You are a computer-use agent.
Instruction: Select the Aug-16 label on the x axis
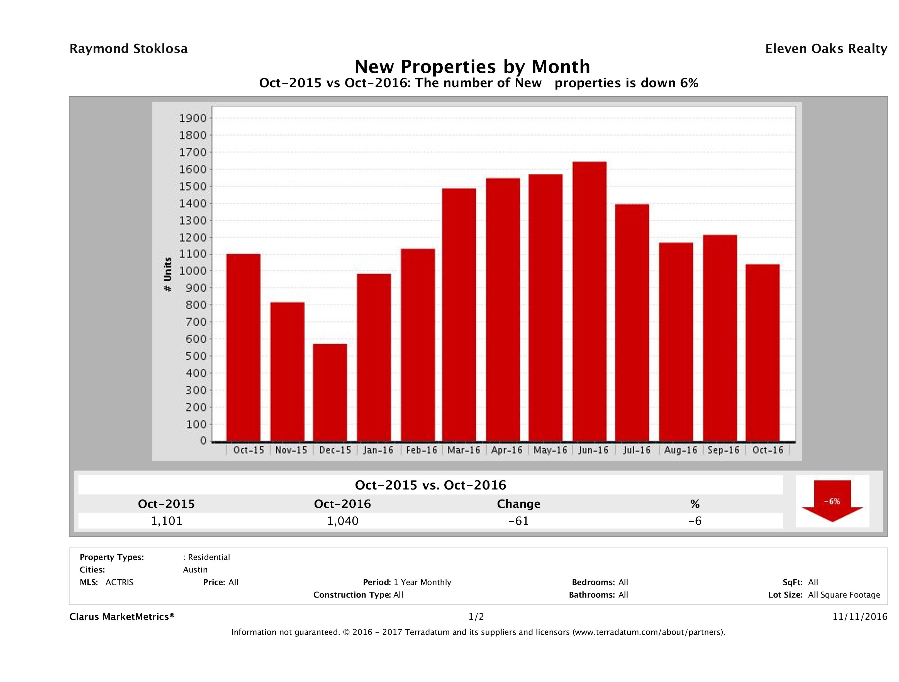pyautogui.click(x=680, y=450)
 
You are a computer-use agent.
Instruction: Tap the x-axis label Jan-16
pyautogui.click(x=378, y=450)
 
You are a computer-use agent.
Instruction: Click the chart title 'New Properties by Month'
pyautogui.click(x=472, y=67)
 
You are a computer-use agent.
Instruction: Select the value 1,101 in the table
pyautogui.click(x=167, y=521)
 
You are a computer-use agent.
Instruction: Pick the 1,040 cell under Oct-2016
pyautogui.click(x=343, y=521)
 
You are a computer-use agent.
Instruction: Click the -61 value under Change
pyautogui.click(x=519, y=521)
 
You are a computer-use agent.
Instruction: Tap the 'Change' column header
pyautogui.click(x=519, y=504)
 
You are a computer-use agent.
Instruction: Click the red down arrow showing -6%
pyautogui.click(x=832, y=501)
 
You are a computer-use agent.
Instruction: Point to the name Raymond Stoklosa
pyautogui.click(x=128, y=49)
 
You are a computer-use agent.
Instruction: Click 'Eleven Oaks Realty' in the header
pyautogui.click(x=826, y=49)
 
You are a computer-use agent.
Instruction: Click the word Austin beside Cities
pyautogui.click(x=195, y=570)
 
